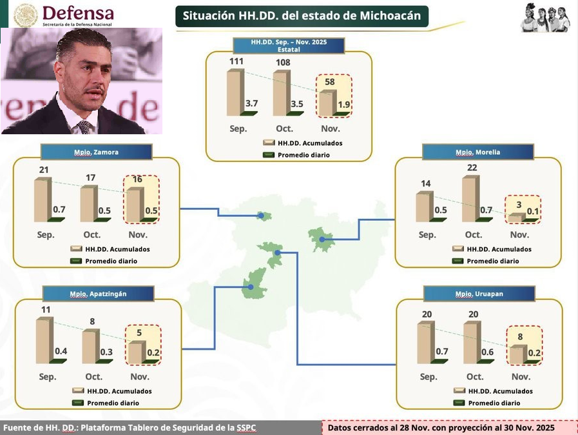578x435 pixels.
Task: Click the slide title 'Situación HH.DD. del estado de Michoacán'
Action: point(301,16)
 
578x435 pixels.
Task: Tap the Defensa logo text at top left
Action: point(78,13)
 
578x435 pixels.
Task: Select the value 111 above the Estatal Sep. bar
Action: point(237,61)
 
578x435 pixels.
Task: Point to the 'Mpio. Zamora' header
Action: point(96,152)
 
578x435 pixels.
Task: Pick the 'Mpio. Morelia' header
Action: point(477,152)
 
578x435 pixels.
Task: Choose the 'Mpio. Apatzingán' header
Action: point(98,294)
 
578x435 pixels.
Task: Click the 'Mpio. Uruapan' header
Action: point(479,294)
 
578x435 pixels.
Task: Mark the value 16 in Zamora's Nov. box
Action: point(137,179)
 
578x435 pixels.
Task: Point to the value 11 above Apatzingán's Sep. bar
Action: point(45,310)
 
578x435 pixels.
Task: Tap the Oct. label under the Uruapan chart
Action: point(475,377)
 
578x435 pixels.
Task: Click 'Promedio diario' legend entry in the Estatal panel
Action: point(303,155)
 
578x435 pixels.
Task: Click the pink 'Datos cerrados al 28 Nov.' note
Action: point(441,427)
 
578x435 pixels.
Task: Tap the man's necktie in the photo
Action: point(84,126)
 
